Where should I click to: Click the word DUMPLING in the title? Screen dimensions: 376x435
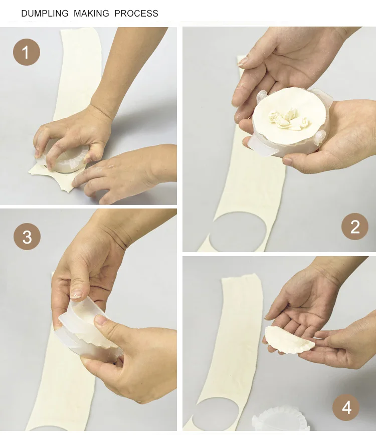coord(45,14)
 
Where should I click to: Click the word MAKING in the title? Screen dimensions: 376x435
coord(91,14)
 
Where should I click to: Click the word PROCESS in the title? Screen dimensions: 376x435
coord(136,14)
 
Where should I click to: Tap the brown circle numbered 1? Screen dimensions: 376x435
coord(27,52)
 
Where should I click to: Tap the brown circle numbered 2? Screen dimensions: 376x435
coord(354,227)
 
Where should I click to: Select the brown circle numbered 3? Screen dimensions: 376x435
coord(27,237)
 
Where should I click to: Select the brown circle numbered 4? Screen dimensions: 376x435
coord(346,407)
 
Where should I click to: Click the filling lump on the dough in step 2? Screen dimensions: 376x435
coord(287,119)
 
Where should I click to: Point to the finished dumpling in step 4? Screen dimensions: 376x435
coord(289,340)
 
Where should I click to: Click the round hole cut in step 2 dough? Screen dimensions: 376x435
coord(237,232)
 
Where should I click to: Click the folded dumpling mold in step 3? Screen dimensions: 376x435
coord(88,329)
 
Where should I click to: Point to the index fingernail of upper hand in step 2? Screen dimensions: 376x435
coord(242,62)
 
